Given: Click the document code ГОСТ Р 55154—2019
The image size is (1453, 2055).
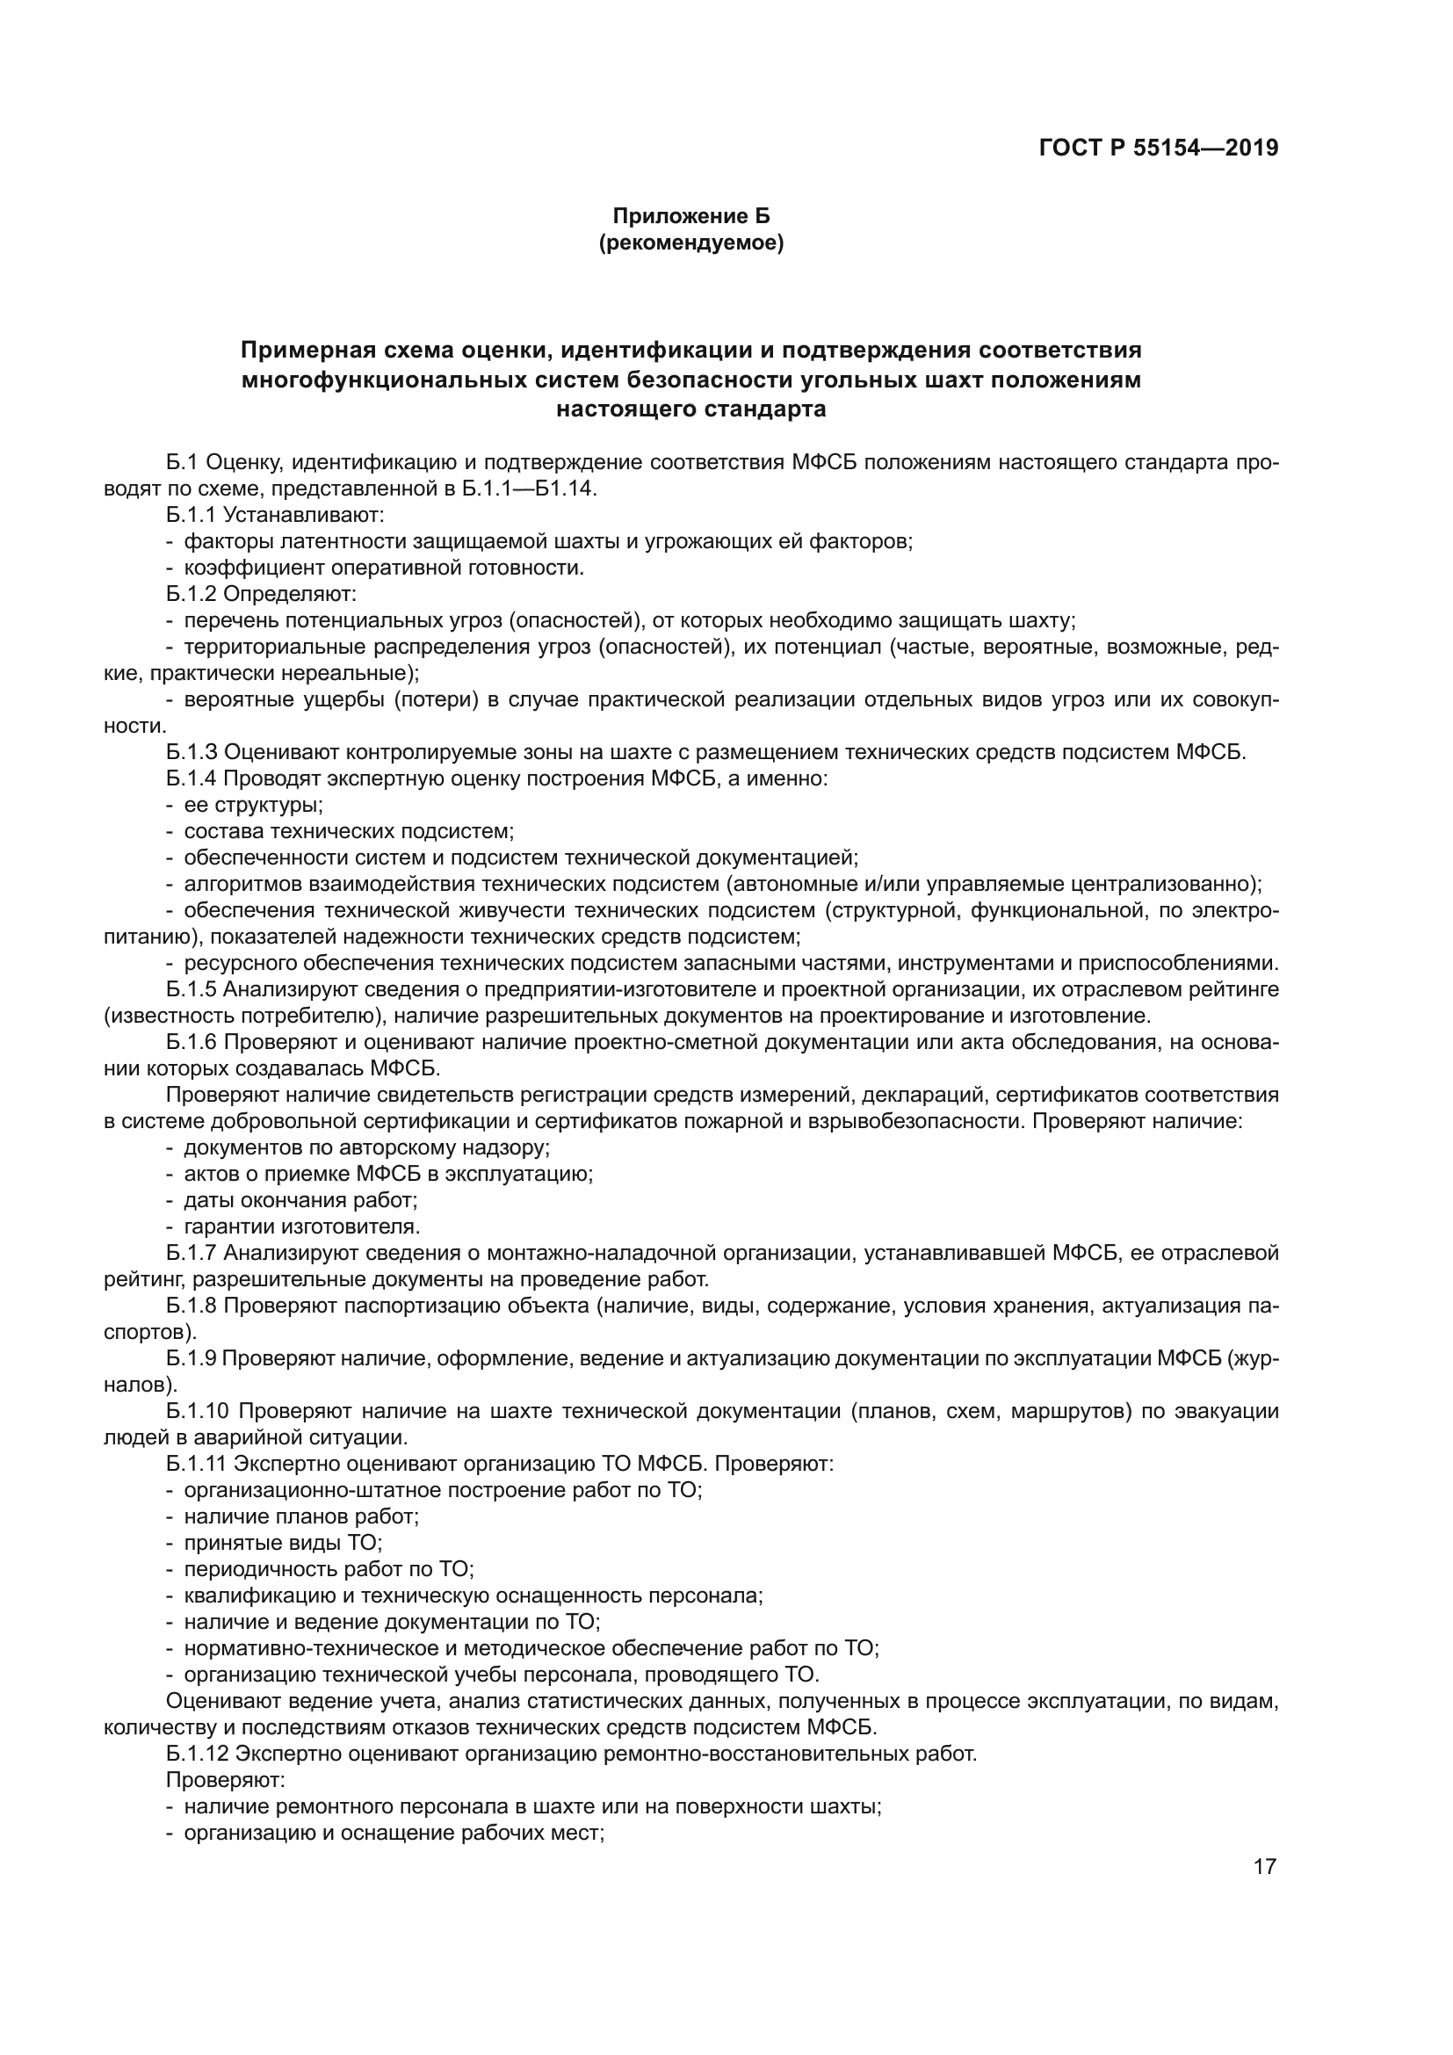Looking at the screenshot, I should coord(1159,148).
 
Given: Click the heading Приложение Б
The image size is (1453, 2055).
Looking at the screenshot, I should coord(690,217).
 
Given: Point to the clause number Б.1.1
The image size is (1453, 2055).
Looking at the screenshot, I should coord(192,516).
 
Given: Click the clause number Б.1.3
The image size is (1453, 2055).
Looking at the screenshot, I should coord(192,752).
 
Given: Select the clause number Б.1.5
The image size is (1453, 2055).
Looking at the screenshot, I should coord(192,989).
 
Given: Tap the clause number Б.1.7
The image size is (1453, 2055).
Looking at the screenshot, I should coord(192,1252).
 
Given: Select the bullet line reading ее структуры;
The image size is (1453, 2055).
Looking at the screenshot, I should coord(253,805).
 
